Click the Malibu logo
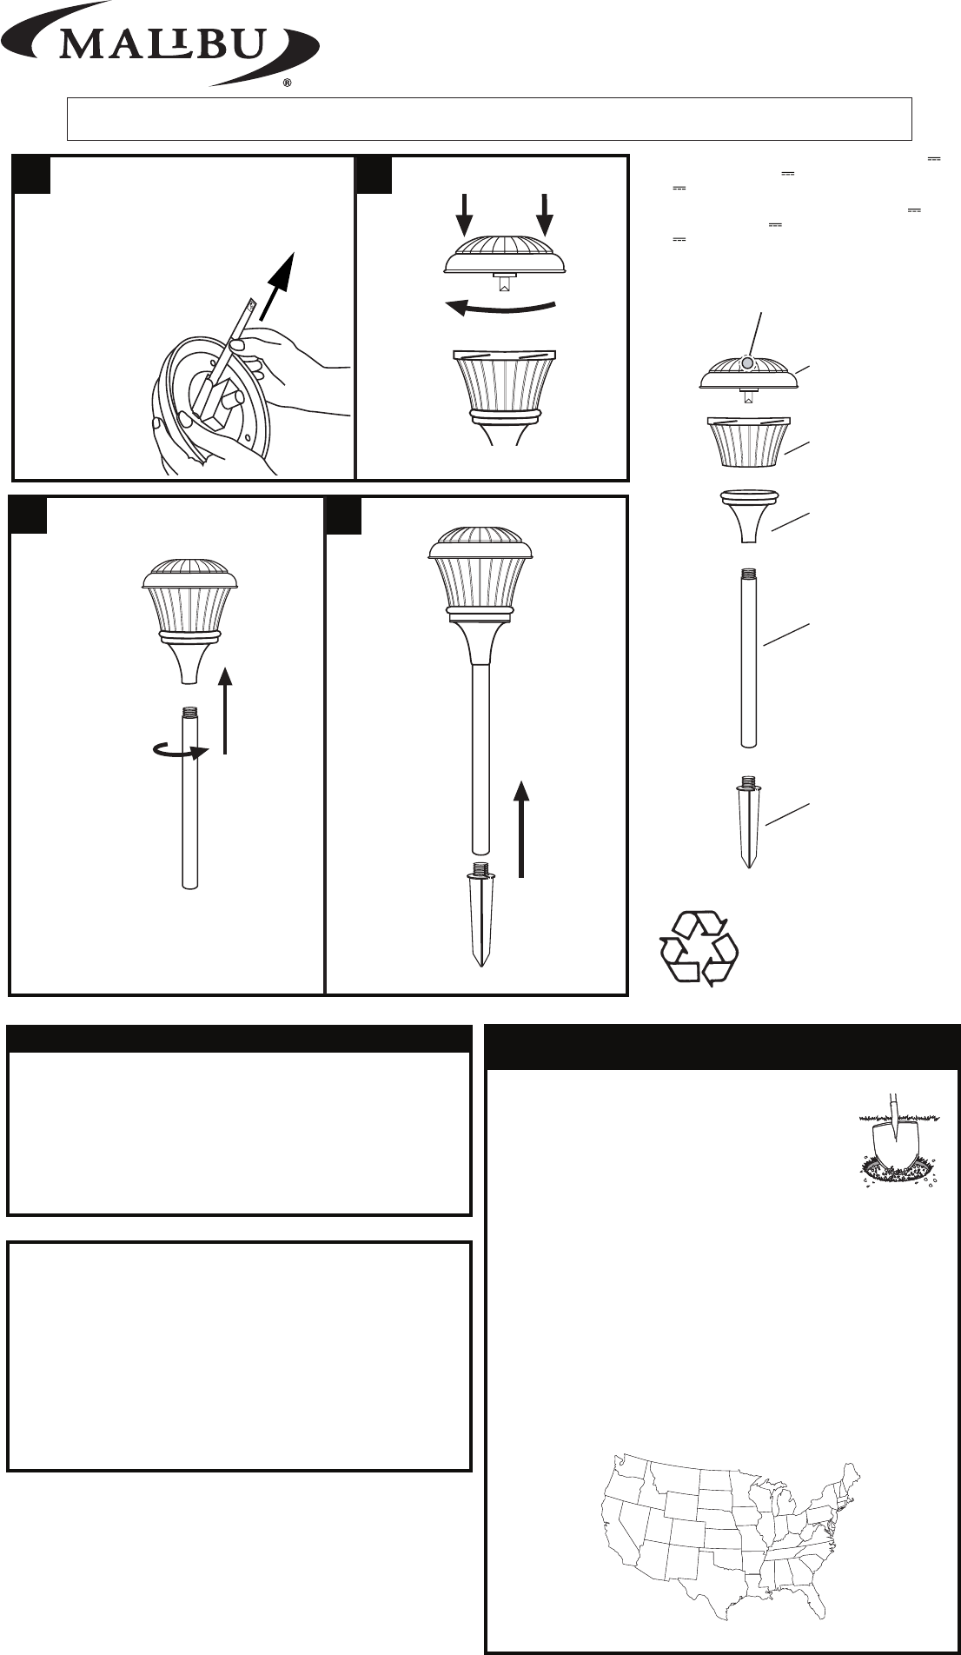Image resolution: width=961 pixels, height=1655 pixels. coord(160,43)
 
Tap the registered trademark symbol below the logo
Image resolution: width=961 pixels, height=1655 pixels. coord(287,85)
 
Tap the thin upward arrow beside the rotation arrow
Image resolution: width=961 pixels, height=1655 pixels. coord(225,709)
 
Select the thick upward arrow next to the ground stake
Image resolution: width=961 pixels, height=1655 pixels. coord(520,827)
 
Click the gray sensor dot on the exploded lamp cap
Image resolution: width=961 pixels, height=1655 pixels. coord(748,362)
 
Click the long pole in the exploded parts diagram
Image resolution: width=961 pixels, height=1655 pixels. coord(749,657)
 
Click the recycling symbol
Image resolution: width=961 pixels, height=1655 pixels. coord(699,947)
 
